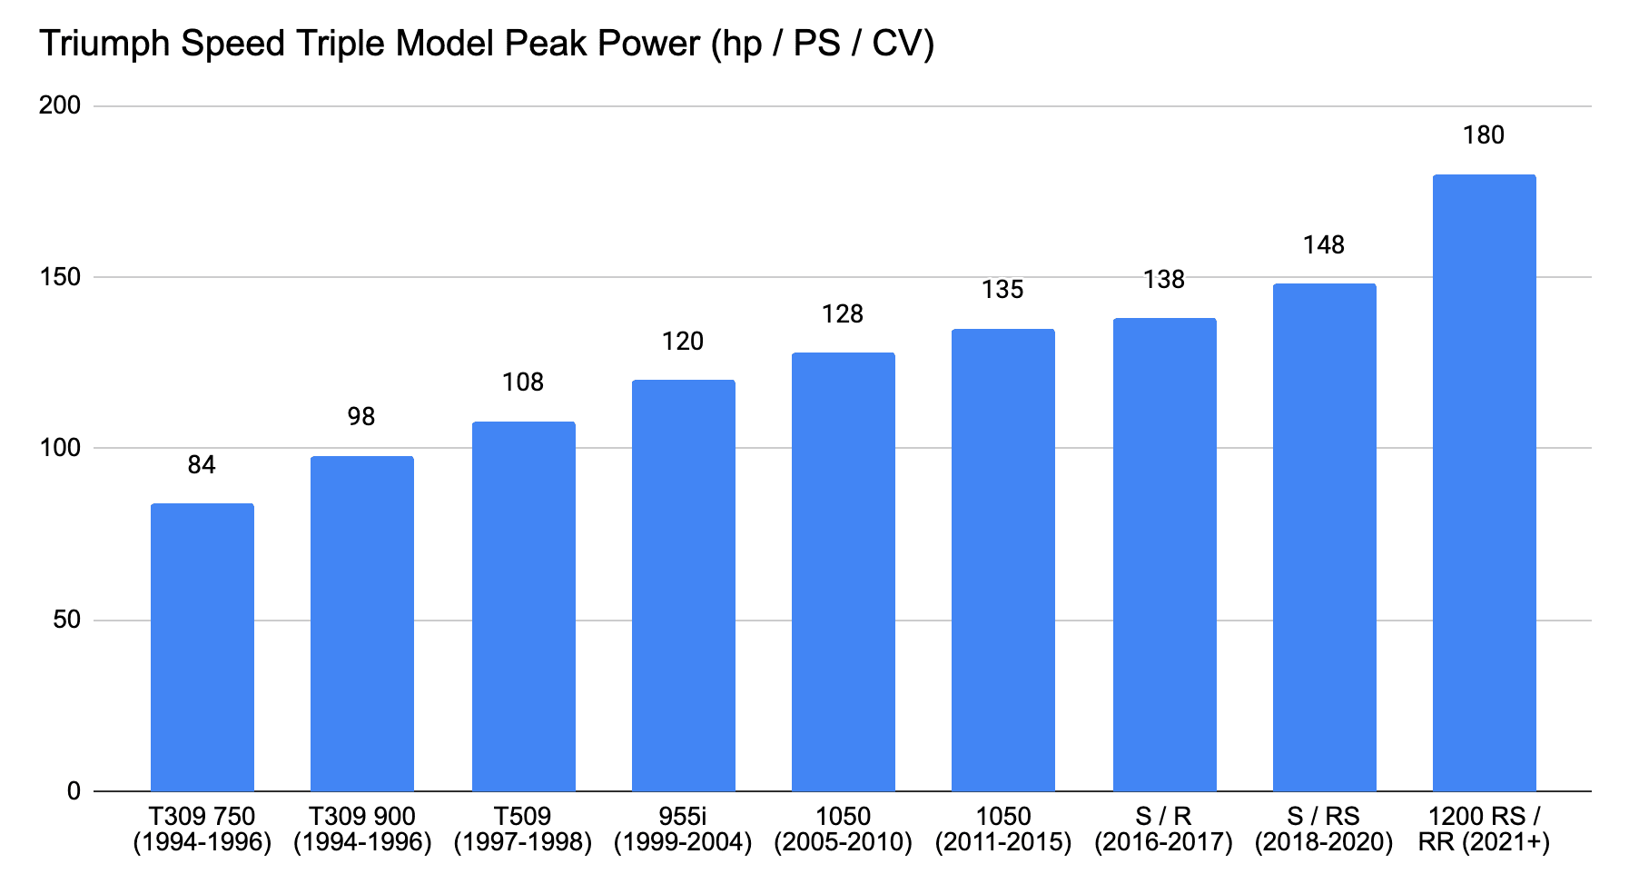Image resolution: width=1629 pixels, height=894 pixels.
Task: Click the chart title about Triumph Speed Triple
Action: click(x=487, y=43)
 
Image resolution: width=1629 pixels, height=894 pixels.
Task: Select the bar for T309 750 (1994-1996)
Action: click(x=202, y=647)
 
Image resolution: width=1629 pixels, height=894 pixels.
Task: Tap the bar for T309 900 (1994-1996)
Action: click(x=362, y=623)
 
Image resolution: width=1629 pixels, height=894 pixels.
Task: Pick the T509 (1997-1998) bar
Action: click(x=524, y=606)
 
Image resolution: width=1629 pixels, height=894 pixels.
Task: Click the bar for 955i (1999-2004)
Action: click(x=684, y=585)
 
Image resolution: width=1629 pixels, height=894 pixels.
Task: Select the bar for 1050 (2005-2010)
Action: click(x=844, y=571)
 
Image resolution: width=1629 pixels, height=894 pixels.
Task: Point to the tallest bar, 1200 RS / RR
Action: click(x=1485, y=482)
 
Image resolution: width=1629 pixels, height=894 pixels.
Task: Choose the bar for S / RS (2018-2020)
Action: click(x=1325, y=537)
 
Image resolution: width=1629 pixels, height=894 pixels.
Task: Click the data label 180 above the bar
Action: click(x=1484, y=135)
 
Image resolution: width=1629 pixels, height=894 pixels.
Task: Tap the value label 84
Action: click(x=202, y=465)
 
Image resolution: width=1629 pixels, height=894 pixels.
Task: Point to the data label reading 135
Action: click(x=1002, y=290)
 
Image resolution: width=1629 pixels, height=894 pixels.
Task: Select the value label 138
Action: click(x=1164, y=280)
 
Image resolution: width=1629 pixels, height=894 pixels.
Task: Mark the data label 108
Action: click(x=523, y=382)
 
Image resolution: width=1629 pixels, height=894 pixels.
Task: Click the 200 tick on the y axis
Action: click(x=60, y=105)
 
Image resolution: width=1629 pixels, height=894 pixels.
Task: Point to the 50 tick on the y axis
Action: click(x=67, y=620)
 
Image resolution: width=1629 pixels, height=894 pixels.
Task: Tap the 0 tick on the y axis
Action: click(x=74, y=791)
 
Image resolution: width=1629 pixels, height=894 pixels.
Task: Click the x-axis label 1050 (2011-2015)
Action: click(x=1003, y=829)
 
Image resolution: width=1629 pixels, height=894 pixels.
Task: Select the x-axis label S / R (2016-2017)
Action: click(x=1163, y=829)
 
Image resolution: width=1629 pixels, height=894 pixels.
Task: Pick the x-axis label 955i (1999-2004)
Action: click(x=683, y=829)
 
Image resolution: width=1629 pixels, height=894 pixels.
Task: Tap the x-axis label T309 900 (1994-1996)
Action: click(x=362, y=829)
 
